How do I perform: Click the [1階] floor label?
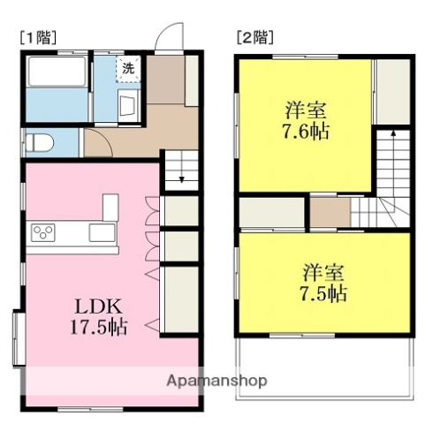coord(36,38)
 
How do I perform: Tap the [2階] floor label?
coord(254,38)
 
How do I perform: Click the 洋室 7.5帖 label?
coord(323,282)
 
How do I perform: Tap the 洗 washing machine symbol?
coord(129,69)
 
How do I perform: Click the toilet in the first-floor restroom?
coord(41,141)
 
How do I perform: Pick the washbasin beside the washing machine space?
coord(125,108)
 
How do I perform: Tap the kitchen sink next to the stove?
coord(100,233)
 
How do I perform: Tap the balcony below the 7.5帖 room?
coord(323,362)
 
